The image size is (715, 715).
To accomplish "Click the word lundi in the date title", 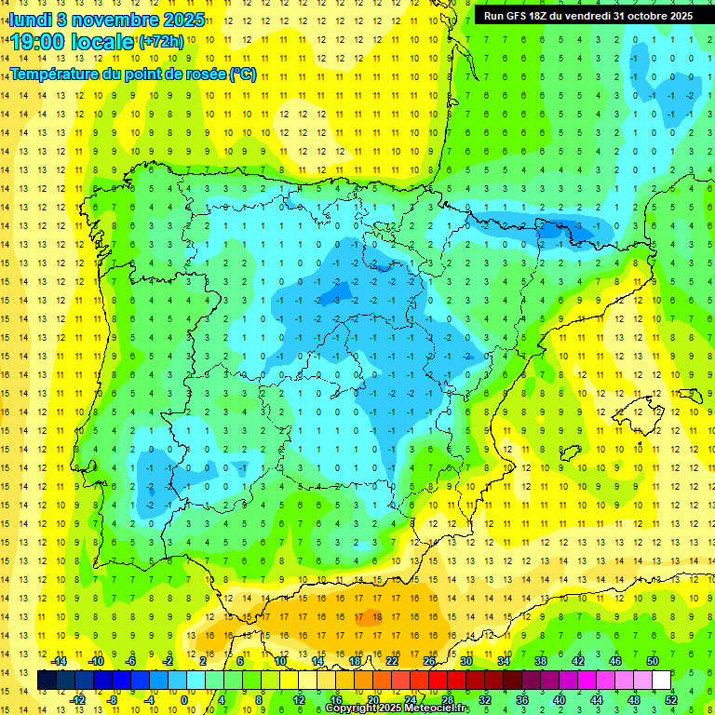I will (30, 19).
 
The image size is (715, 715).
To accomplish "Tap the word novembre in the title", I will (105, 19).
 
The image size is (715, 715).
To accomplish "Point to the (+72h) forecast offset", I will (160, 41).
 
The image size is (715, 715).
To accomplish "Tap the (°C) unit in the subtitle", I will (242, 74).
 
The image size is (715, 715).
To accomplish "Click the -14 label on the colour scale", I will (59, 661).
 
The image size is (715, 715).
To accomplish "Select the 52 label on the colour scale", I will (671, 700).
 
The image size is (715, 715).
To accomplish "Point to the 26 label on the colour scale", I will (429, 661).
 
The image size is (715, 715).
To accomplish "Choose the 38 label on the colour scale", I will (540, 661).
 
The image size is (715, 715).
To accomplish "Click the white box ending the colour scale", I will (662, 681).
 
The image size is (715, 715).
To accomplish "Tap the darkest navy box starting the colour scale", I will (47, 681).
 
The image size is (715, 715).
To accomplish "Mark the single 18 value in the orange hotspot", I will (374, 615).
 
